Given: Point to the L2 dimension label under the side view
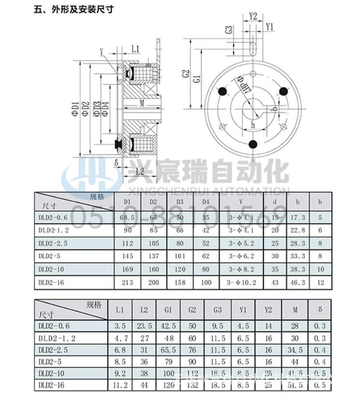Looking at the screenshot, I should click(x=139, y=171).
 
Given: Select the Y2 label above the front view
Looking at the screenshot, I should click(x=253, y=15).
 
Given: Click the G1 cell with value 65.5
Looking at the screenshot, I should click(x=168, y=350).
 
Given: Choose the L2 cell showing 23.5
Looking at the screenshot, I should click(x=144, y=326).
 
